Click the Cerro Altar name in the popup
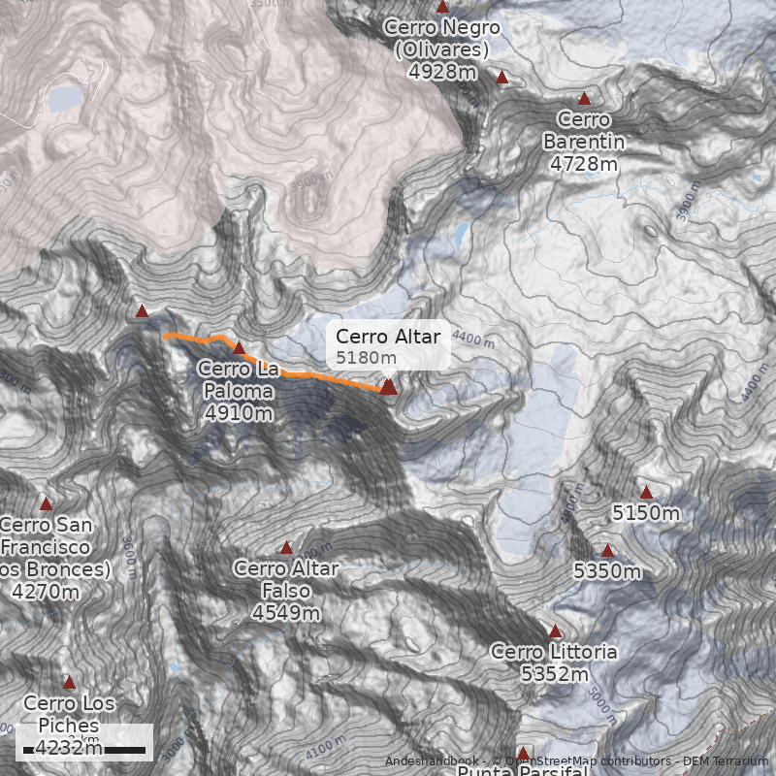coord(388,337)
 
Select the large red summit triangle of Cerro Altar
coord(388,387)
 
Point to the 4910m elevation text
coord(239,412)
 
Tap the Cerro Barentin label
coord(584,131)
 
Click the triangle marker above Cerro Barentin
coord(584,98)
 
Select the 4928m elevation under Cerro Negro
coord(442,72)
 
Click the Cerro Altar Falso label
coord(286,579)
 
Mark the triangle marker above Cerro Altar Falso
coord(286,548)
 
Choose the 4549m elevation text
coord(286,613)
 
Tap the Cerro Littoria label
coord(554,652)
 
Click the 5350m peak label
coord(607,571)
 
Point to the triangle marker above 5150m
coord(646,492)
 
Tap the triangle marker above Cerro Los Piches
coord(68,682)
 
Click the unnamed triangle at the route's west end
coord(142,311)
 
